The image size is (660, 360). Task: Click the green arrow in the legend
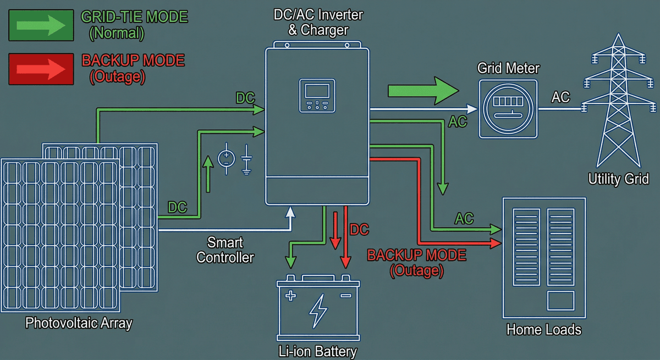click(x=40, y=25)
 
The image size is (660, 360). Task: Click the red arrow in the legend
click(x=40, y=69)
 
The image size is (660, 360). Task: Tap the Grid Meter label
click(x=508, y=68)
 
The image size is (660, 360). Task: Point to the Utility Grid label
click(x=618, y=179)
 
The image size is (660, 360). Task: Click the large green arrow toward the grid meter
click(x=422, y=90)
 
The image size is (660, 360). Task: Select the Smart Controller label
click(x=225, y=250)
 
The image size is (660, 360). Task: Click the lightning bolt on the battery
click(x=318, y=310)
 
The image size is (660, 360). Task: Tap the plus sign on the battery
click(x=290, y=296)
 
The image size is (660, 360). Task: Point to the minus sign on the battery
click(x=345, y=296)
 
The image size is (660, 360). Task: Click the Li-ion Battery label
click(x=318, y=351)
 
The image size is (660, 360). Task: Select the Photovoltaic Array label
click(x=79, y=323)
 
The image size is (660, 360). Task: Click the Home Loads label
click(x=543, y=330)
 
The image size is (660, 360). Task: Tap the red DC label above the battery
click(x=359, y=229)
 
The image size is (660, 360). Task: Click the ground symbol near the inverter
click(x=247, y=160)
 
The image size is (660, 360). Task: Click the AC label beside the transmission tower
click(x=560, y=97)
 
